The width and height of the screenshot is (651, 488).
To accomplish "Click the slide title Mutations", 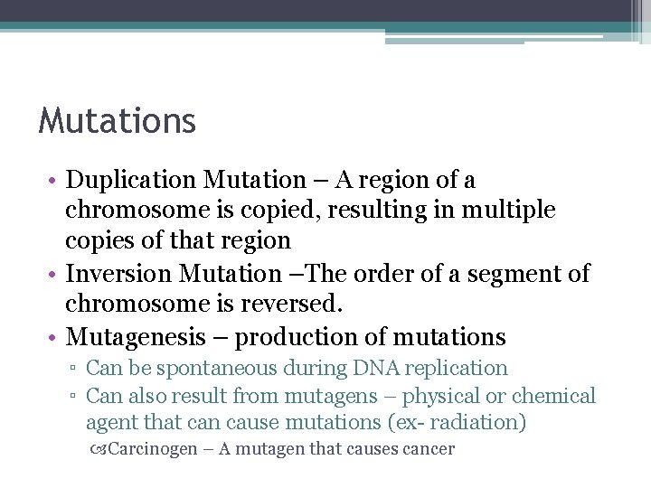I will pyautogui.click(x=117, y=120).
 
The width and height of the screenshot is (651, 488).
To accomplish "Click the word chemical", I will pyautogui.click(x=553, y=396).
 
